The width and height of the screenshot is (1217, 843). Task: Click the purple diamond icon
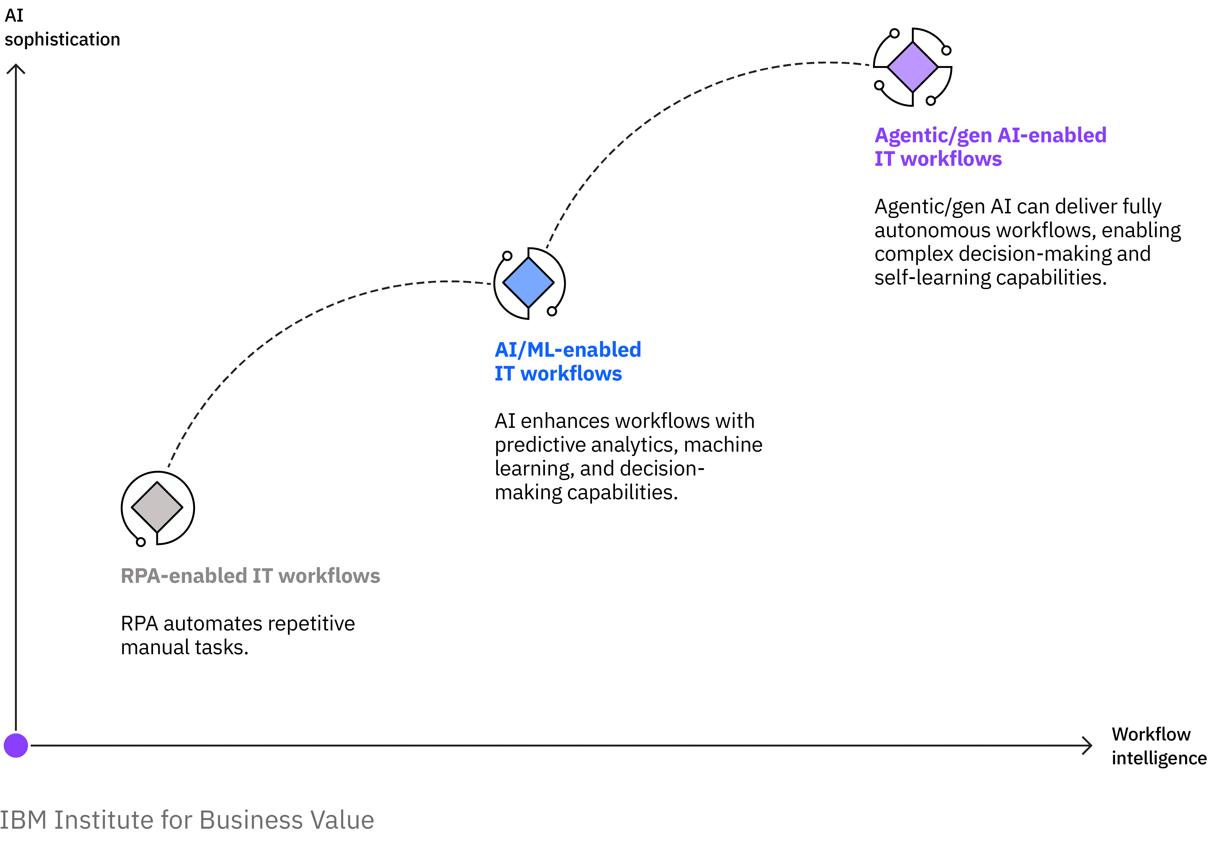(912, 67)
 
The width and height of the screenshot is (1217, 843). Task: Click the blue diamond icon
(528, 283)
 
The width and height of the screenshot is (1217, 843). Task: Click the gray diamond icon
(157, 507)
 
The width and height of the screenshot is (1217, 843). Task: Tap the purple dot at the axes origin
(16, 745)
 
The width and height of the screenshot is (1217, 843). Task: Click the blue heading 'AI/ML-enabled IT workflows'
(567, 361)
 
